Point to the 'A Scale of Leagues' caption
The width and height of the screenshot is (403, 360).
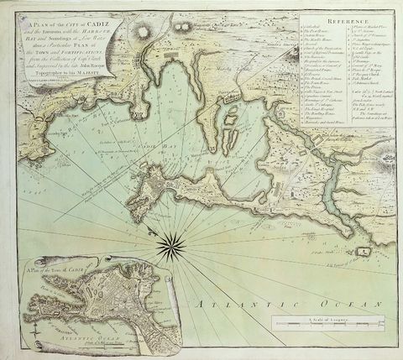[x=322, y=312]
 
